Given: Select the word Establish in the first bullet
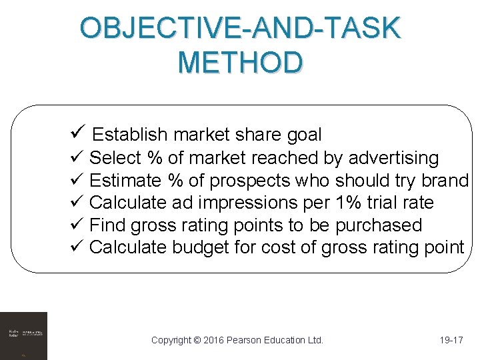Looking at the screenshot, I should [x=130, y=135].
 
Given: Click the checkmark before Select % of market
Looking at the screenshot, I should [x=75, y=158].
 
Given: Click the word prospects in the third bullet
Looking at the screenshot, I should [x=255, y=181].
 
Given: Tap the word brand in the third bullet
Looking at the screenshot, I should [x=445, y=181].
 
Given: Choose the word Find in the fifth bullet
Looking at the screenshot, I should [x=107, y=225].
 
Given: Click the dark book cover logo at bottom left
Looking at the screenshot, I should [x=23, y=335].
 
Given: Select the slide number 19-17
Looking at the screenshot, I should [x=451, y=340].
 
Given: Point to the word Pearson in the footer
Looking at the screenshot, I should [x=247, y=340].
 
